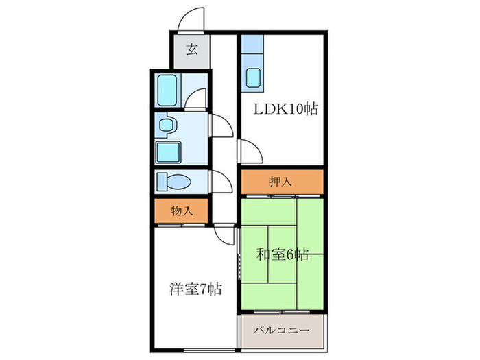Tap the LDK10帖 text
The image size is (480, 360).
[287, 109]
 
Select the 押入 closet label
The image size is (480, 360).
[281, 182]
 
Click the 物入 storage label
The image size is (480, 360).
[181, 211]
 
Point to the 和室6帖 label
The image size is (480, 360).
[282, 254]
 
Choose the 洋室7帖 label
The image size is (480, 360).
[195, 289]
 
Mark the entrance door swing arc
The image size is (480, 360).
[191, 19]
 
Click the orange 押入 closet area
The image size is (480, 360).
[302, 182]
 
